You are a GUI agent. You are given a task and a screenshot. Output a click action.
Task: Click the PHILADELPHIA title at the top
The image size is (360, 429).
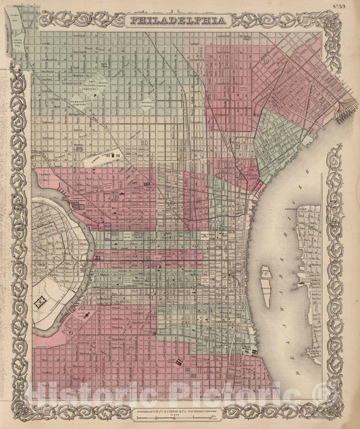[180, 20]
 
